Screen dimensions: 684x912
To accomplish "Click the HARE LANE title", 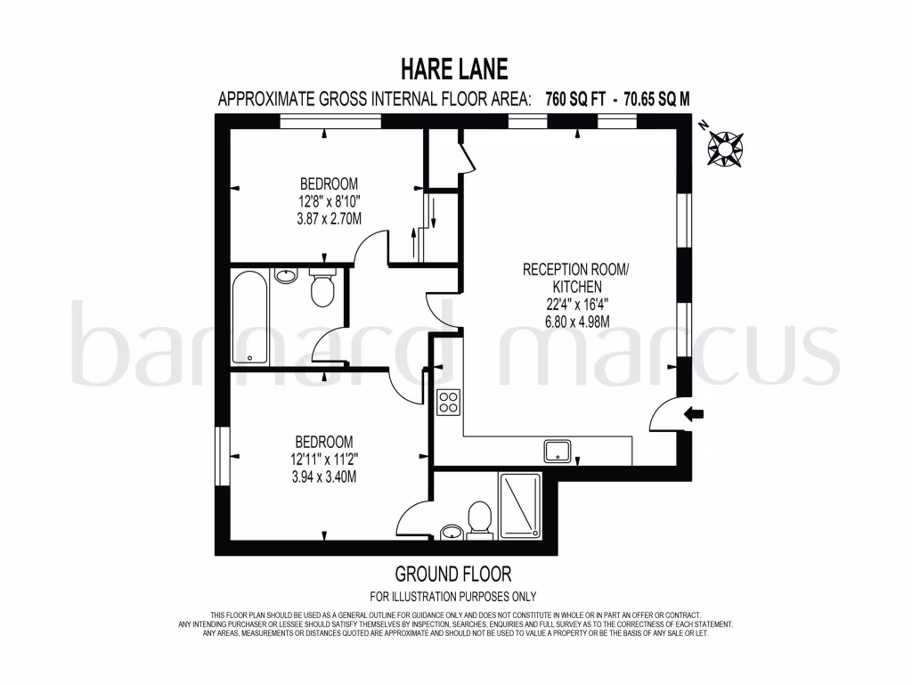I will click(x=455, y=69).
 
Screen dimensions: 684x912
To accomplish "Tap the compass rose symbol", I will click(x=726, y=146).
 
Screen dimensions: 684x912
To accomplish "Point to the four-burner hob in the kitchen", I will click(x=448, y=402).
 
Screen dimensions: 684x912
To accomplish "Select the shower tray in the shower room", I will click(x=520, y=505).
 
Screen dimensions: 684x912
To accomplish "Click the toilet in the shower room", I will click(x=480, y=519).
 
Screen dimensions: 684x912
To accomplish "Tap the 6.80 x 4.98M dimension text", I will click(x=576, y=321).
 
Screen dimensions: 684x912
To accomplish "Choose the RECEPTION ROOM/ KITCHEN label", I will click(x=576, y=278).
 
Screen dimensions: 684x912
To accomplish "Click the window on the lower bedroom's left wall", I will click(x=221, y=456).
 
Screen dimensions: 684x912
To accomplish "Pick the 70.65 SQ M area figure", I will click(x=647, y=99).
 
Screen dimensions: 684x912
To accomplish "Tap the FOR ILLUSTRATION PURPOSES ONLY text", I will click(x=453, y=596).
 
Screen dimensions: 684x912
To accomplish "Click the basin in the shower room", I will click(x=453, y=532).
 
